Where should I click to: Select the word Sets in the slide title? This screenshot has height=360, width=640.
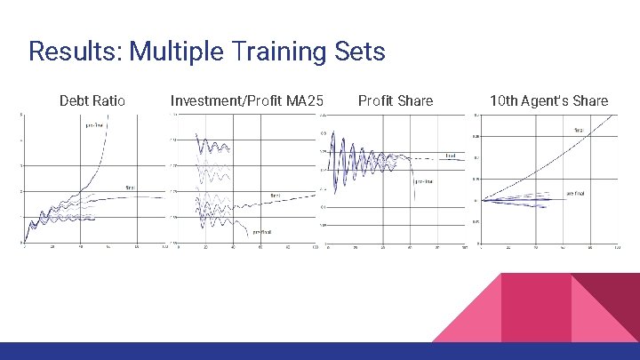click(x=360, y=51)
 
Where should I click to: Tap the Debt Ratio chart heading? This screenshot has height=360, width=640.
click(x=92, y=100)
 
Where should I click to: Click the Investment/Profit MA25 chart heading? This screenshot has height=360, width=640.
click(x=246, y=100)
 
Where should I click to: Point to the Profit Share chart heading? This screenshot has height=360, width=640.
click(x=395, y=100)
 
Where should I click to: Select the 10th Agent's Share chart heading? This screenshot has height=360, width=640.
click(x=548, y=100)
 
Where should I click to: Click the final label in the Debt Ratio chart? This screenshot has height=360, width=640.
click(x=130, y=188)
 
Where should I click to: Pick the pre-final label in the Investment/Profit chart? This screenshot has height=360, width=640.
click(x=261, y=232)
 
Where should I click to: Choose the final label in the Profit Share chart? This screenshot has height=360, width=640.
click(x=451, y=156)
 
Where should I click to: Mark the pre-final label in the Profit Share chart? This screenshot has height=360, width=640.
click(x=423, y=181)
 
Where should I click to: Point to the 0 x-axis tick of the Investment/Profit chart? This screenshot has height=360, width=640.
click(x=179, y=247)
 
